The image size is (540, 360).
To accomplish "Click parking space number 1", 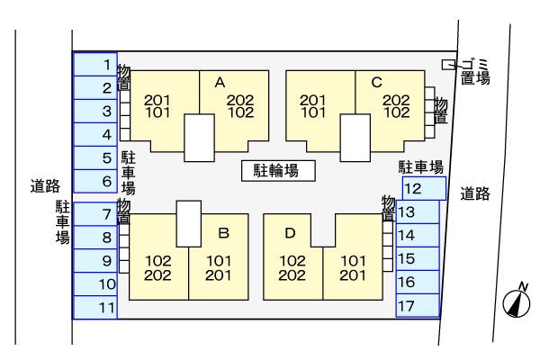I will [95, 65].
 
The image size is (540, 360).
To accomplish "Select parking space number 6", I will [95, 182].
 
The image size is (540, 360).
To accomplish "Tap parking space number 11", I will [95, 308].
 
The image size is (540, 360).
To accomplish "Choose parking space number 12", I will [423, 188].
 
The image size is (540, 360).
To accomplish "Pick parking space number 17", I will [418, 305].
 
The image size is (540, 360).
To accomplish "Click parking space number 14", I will [418, 235].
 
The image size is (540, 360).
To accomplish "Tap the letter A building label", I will [219, 82].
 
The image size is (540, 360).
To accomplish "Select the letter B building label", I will [223, 232].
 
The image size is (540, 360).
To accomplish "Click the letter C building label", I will [376, 82].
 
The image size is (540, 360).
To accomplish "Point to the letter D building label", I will [290, 232].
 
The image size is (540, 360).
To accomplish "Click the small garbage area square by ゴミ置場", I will [448, 64].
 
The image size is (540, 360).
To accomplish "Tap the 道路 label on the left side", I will [44, 186].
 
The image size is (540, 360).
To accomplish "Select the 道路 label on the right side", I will [475, 193].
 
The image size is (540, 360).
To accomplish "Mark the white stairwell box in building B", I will [188, 223].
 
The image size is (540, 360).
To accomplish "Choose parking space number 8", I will [95, 238].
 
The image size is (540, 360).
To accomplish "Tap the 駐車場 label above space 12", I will [422, 167].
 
